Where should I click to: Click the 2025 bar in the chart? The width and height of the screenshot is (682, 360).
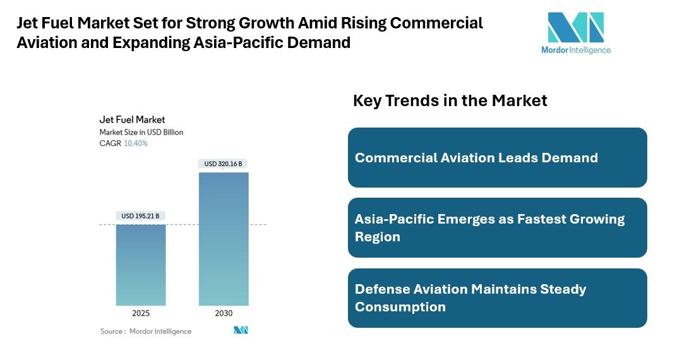coord(140,265)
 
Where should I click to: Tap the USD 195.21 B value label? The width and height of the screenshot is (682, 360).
coord(140,216)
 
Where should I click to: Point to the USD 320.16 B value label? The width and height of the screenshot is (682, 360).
coord(224,164)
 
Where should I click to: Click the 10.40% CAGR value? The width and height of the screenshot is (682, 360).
coord(136,143)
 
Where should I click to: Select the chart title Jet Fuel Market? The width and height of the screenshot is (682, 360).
coord(132,119)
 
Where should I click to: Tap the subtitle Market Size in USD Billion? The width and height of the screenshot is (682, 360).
coord(141,132)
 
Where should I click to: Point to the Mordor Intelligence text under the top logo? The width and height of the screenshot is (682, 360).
coord(575,50)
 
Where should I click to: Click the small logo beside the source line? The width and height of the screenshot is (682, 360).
coord(241,330)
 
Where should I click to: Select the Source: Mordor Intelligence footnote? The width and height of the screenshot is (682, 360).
coord(146,331)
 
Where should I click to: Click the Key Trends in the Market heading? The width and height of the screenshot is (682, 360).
coord(450,100)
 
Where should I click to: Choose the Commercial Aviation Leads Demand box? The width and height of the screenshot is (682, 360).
coord(498,158)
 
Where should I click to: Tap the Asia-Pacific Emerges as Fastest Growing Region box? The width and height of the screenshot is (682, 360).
coord(498,228)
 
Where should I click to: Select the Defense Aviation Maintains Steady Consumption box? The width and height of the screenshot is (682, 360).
coord(498,298)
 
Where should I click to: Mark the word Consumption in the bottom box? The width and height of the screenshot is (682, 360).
coord(400,307)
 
